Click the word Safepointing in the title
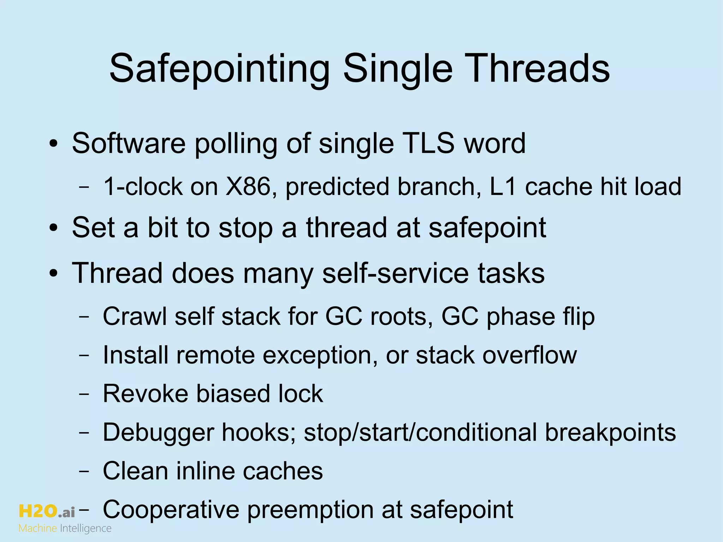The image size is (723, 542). click(219, 69)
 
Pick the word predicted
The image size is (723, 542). click(337, 187)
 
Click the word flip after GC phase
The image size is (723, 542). click(579, 317)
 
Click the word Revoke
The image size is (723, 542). click(145, 393)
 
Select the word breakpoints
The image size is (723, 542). click(610, 433)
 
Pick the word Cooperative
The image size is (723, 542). click(171, 510)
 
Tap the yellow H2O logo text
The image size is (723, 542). click(38, 511)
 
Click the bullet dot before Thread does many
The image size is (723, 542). click(54, 274)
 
